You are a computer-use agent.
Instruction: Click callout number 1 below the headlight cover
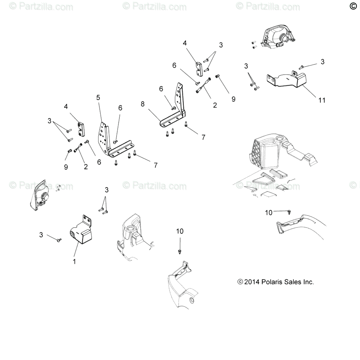pos(74,262)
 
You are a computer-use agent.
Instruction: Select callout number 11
pos(322,100)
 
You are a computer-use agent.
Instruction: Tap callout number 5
pos(98,97)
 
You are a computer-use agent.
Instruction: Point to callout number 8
pos(143,104)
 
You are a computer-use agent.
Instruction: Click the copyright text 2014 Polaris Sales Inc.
pos(275,282)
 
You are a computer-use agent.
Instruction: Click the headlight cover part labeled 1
pos(83,230)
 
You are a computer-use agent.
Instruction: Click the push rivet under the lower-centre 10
pos(180,252)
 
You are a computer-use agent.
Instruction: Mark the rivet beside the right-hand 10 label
pos(289,212)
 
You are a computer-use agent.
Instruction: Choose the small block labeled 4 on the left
pos(81,129)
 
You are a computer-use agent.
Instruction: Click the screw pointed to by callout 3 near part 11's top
pos(301,67)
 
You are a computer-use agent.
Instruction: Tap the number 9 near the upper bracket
pos(234,99)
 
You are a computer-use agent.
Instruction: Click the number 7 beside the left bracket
pos(155,165)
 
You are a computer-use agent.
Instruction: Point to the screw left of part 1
pos(59,240)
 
